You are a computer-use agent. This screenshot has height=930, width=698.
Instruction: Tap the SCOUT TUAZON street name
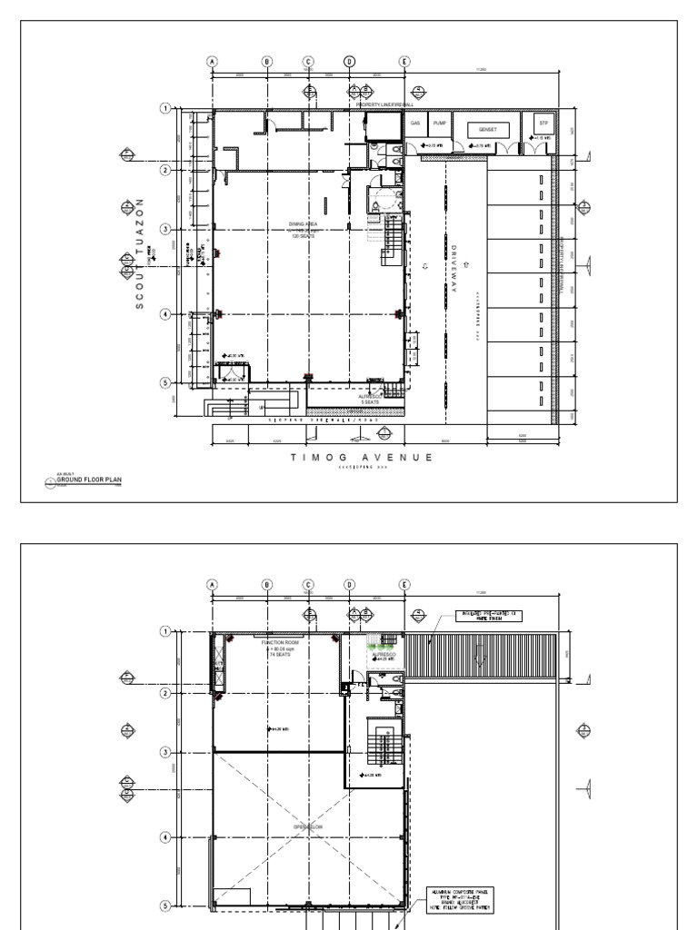tap(140, 253)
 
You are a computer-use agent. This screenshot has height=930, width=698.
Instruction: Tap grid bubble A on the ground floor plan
tap(213, 62)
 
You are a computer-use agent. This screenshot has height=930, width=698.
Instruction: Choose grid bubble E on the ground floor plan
tap(404, 62)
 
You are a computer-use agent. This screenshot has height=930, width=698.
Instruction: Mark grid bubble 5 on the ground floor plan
tap(165, 382)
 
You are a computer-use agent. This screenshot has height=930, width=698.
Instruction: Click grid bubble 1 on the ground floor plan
tap(165, 108)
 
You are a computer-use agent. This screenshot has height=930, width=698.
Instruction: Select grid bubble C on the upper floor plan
tap(308, 586)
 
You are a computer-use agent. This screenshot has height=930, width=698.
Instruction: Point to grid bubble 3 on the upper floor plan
tap(165, 752)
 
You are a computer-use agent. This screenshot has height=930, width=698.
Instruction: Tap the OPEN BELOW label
tap(303, 826)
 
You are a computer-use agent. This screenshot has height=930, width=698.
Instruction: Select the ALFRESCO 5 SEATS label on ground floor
tap(369, 399)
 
